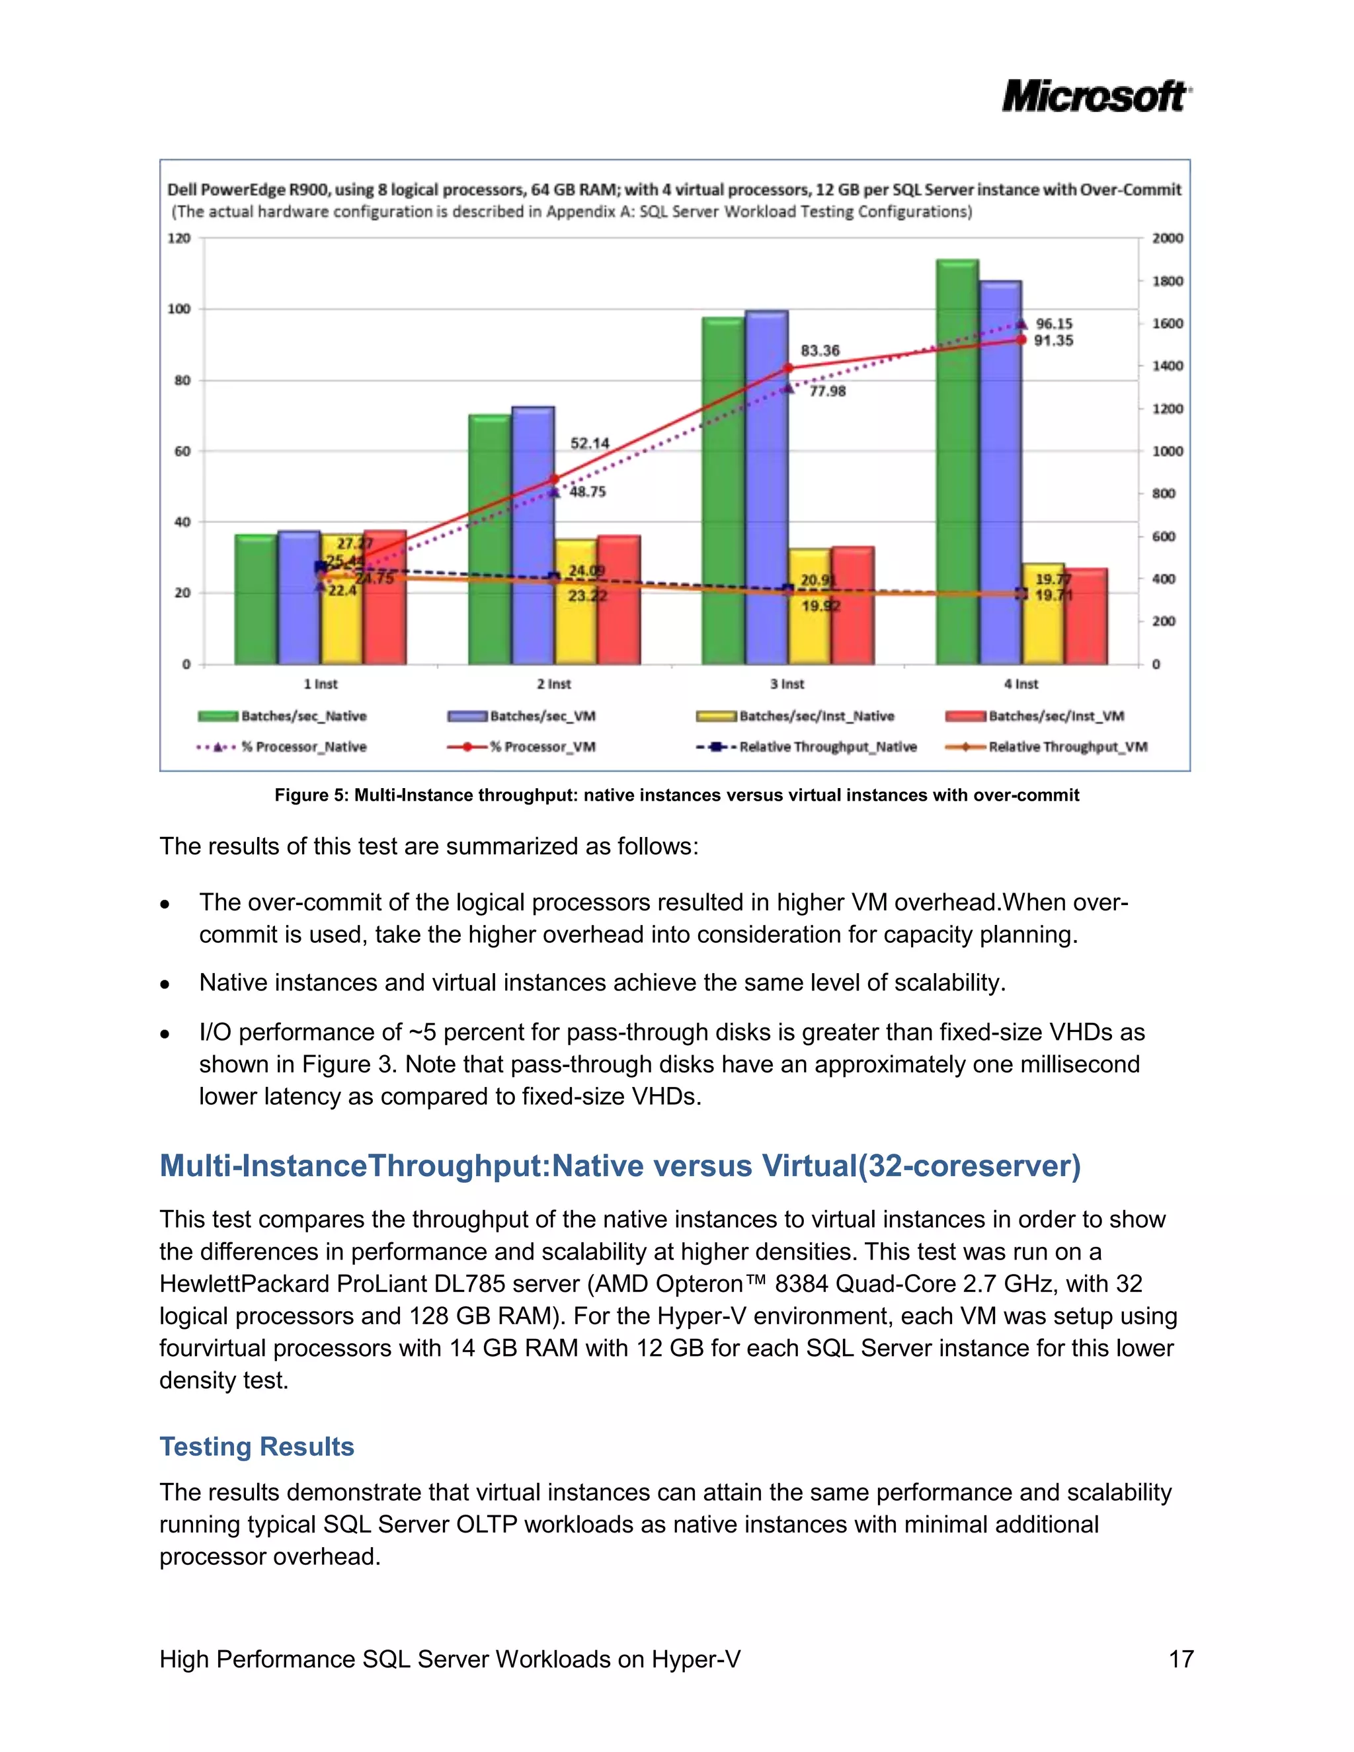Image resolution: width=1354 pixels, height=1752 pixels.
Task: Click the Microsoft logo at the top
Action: coord(1095,97)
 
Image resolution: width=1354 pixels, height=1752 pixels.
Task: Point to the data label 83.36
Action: coord(820,350)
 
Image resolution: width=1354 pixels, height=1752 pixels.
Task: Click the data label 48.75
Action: coord(588,492)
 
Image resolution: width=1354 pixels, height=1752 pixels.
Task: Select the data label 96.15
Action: coord(1054,323)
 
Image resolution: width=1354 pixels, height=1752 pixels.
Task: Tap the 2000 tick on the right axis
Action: coord(1167,238)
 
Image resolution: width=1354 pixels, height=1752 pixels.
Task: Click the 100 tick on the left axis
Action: coord(179,309)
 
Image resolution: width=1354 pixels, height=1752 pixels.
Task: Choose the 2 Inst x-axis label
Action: coord(553,684)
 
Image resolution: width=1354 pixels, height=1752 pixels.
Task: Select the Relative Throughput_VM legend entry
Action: coord(1067,747)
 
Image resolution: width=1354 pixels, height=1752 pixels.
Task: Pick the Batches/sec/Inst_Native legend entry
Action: coord(816,715)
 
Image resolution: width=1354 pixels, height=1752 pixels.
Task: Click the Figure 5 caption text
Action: coord(676,795)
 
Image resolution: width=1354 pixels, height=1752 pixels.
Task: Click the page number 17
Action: coord(1181,1659)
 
